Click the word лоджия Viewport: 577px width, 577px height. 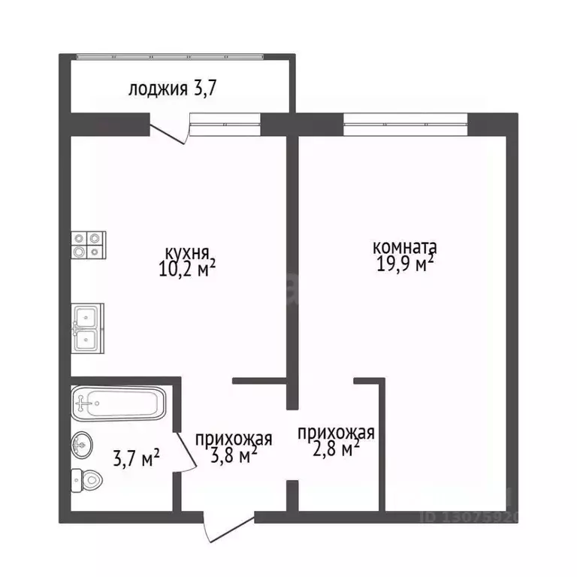coord(158,89)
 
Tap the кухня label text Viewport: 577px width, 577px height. coord(187,253)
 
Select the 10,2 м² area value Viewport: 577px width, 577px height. coord(187,269)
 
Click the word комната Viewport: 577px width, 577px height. coord(405,247)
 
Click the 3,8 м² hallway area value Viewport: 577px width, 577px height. coord(234,455)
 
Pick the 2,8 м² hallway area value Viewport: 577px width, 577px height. coord(336,449)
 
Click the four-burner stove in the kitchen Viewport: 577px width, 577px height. coord(89,245)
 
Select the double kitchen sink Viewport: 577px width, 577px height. coord(88,328)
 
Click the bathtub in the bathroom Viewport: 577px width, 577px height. coord(119,403)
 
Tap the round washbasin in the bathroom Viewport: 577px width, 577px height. coord(82,445)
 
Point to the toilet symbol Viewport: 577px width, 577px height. coord(86,480)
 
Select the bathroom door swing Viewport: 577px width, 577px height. coord(185,452)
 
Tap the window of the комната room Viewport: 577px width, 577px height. coord(406,125)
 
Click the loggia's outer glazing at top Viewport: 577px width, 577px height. coord(170,56)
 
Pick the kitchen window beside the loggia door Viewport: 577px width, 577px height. coord(225,125)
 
